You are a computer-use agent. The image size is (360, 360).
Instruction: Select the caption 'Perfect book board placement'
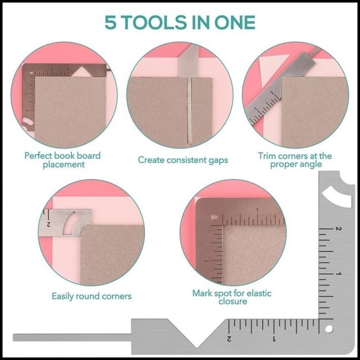point(62,160)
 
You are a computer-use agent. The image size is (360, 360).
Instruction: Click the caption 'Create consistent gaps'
point(183,160)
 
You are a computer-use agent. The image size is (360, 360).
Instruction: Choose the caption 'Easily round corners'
point(92,296)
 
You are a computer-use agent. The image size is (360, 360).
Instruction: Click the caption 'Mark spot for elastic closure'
point(233,297)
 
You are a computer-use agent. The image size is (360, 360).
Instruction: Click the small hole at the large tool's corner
point(329,329)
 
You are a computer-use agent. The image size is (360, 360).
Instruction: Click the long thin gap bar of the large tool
point(71,337)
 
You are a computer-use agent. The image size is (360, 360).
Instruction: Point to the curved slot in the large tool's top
point(338,195)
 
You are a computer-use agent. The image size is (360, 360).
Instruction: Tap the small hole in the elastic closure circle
point(215,218)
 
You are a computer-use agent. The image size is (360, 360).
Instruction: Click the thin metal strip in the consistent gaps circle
point(189,109)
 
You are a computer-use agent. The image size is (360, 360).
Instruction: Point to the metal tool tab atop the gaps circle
point(189,61)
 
